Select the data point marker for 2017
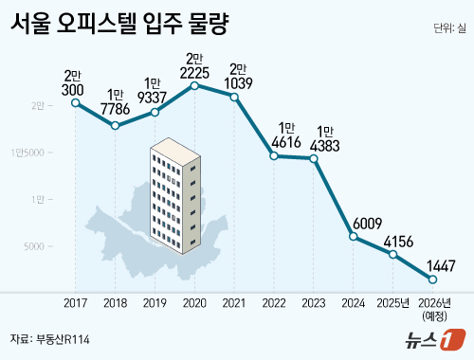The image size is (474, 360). tap(75, 102)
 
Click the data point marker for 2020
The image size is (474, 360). tap(194, 86)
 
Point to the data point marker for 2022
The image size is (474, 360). tap(274, 155)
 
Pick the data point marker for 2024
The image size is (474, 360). tap(354, 236)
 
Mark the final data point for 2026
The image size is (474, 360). tap(433, 279)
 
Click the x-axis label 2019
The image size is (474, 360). tap(155, 303)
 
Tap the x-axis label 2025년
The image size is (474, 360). tap(393, 303)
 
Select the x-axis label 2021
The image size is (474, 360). tap(234, 303)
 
